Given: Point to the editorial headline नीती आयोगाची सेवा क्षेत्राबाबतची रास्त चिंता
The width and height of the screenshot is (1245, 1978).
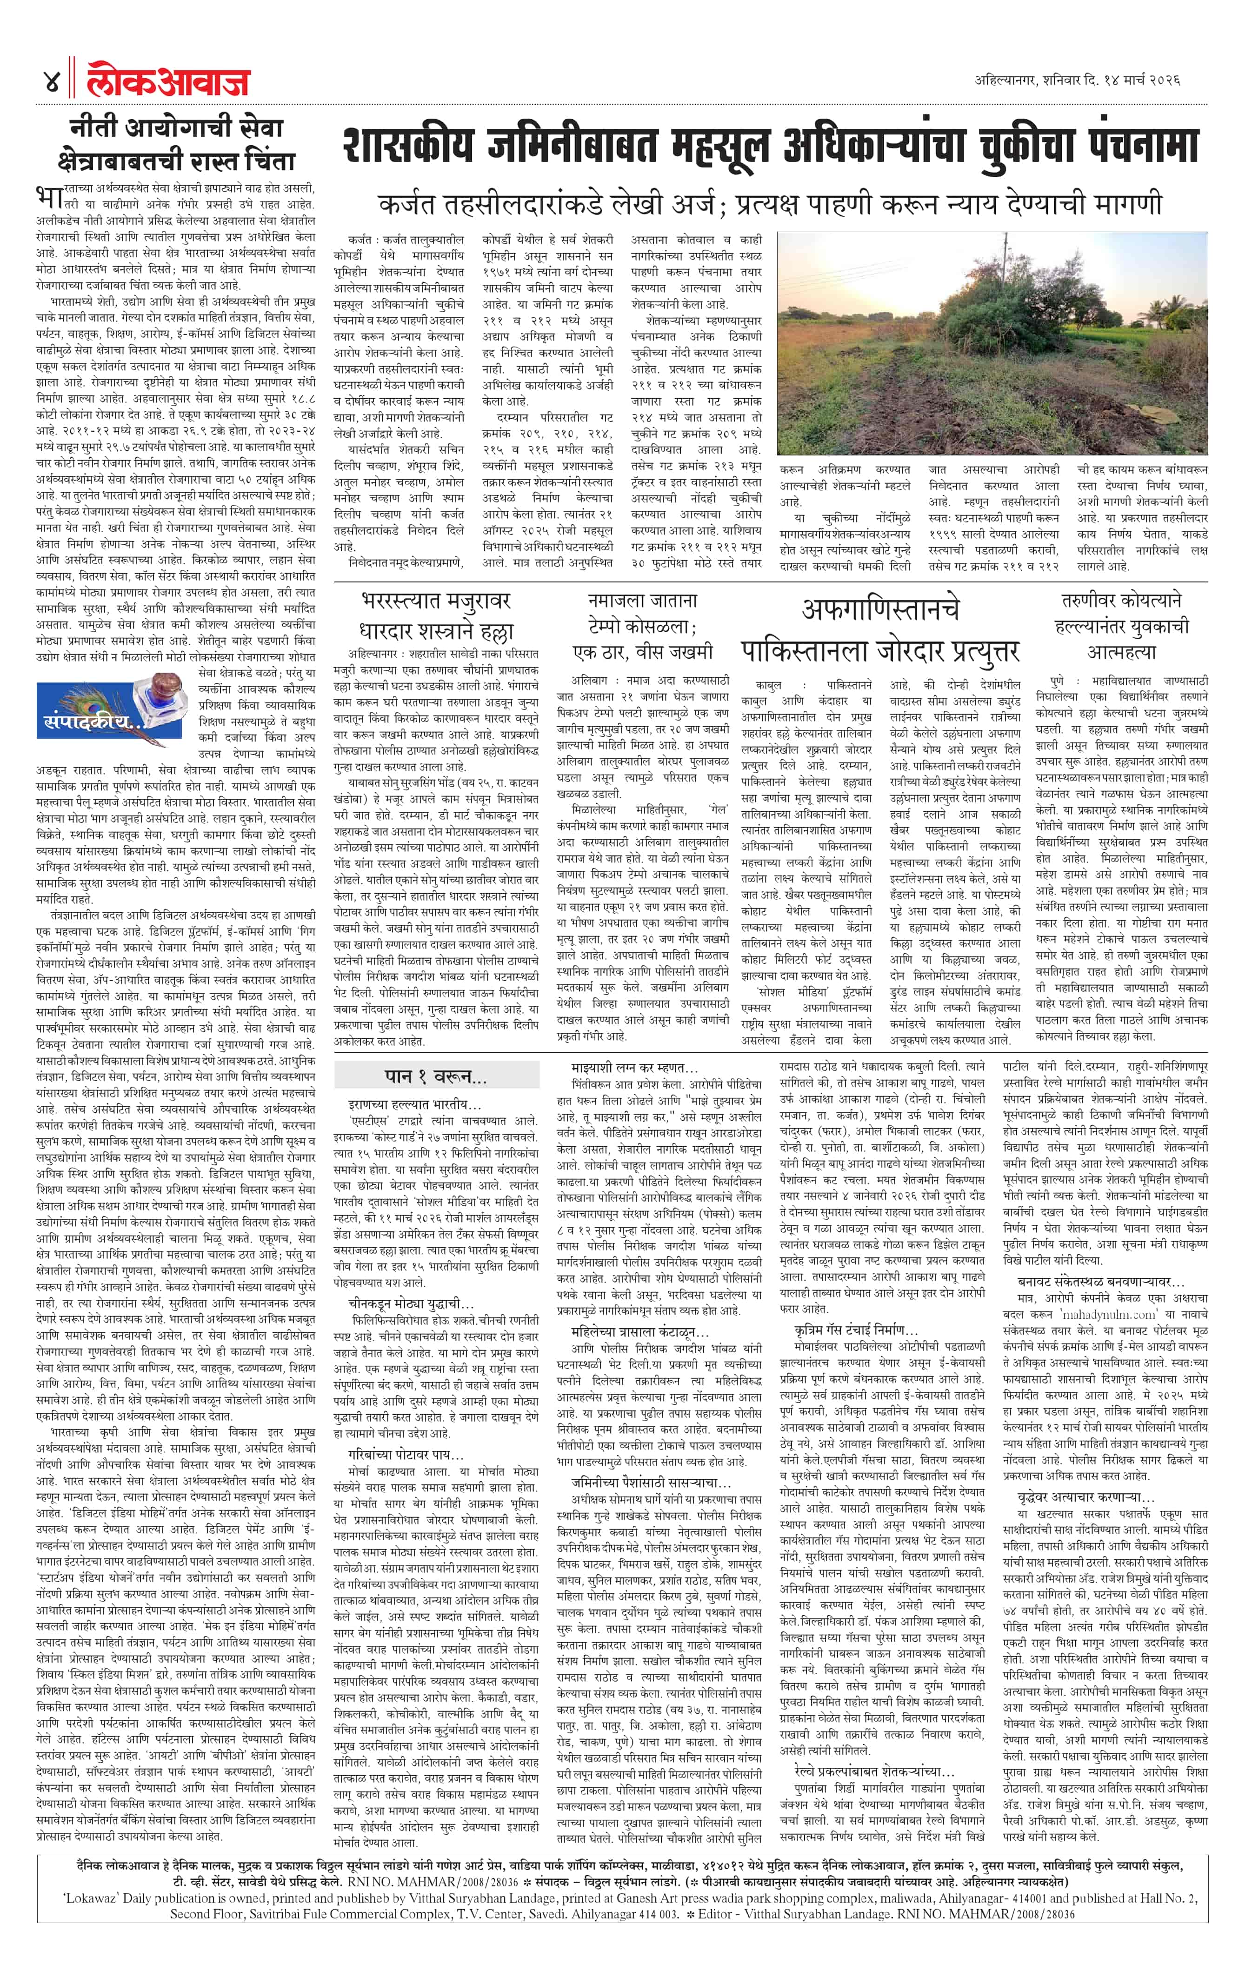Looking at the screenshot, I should pos(177,144).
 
